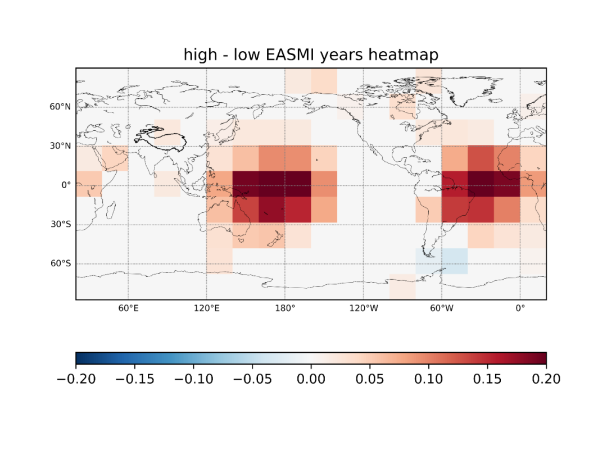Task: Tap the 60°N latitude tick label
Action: click(x=60, y=107)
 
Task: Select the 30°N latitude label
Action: click(x=60, y=146)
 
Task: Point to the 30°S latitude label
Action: click(x=61, y=224)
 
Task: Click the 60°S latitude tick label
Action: click(x=61, y=263)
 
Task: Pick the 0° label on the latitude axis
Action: click(x=66, y=185)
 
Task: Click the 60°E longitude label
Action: click(x=129, y=308)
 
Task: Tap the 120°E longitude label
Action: click(x=207, y=308)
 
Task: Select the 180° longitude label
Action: click(x=285, y=308)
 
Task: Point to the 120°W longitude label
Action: click(x=364, y=308)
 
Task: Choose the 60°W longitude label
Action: click(x=442, y=308)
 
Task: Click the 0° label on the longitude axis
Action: click(x=520, y=308)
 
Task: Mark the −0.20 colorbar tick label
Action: click(x=76, y=379)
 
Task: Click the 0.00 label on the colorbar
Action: click(x=311, y=379)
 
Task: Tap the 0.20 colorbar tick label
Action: click(x=546, y=379)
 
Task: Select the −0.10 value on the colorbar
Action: click(x=194, y=379)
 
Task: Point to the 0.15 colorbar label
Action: click(x=487, y=379)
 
